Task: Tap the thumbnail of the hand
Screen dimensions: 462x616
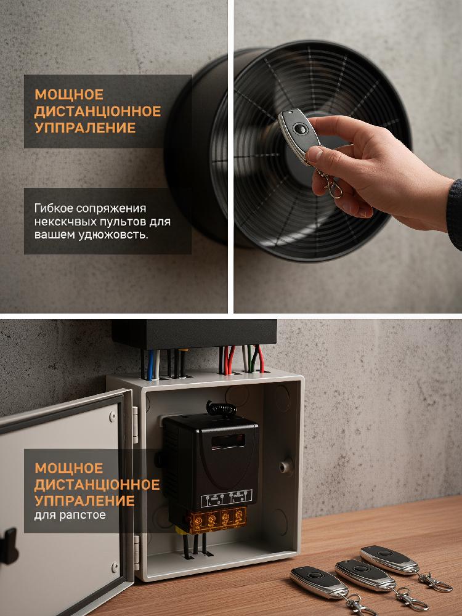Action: [313, 153]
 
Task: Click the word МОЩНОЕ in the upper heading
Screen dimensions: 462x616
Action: [69, 95]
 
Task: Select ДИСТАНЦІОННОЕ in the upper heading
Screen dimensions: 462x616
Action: [98, 111]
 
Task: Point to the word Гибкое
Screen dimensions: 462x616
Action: [54, 208]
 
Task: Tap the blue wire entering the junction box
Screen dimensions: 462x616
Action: [150, 365]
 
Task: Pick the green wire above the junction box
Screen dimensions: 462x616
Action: [249, 358]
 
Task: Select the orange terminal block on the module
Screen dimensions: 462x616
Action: [218, 520]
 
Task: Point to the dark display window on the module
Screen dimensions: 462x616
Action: [228, 441]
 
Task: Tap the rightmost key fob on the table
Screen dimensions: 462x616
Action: [389, 559]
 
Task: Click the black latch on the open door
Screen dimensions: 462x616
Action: [9, 546]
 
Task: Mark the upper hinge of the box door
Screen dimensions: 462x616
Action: [136, 425]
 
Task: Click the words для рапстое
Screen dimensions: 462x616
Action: [70, 515]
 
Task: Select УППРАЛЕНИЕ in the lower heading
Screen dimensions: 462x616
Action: [84, 501]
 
